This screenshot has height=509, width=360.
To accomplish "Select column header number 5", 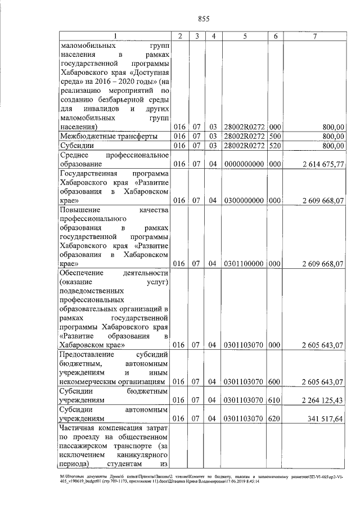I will coord(245,36).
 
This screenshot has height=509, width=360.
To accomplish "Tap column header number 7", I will coord(314,36).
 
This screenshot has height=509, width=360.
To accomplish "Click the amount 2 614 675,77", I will coord(322,164).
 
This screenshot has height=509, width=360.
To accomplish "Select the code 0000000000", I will coord(245,164).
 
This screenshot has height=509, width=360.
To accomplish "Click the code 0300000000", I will coord(245,200).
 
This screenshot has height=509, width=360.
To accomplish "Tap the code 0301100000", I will coord(245,263).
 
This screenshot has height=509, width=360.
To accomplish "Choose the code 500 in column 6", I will coord(274,137).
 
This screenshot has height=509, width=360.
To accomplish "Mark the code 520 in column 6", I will coord(274,146).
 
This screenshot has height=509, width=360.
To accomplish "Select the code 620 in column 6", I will coord(274,418).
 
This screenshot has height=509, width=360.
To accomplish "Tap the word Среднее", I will coord(77,155).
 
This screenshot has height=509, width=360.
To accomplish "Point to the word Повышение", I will coord(83,209).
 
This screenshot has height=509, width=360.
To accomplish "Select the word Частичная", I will coord(81,428).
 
